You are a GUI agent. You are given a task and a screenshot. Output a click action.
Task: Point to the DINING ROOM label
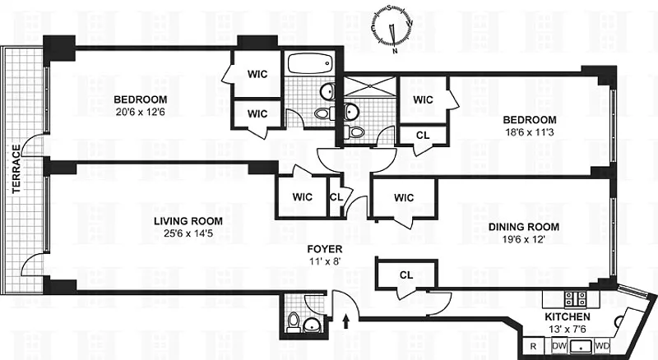[x=524, y=227]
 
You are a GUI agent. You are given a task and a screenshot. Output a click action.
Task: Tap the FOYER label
[x=325, y=249]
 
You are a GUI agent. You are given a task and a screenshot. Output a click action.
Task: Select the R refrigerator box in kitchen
[x=533, y=346]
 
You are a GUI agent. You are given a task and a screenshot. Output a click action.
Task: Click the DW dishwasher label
[x=558, y=346]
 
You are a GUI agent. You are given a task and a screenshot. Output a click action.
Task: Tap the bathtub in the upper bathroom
[x=309, y=62]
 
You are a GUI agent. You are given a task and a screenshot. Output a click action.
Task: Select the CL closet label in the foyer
[x=406, y=275]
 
